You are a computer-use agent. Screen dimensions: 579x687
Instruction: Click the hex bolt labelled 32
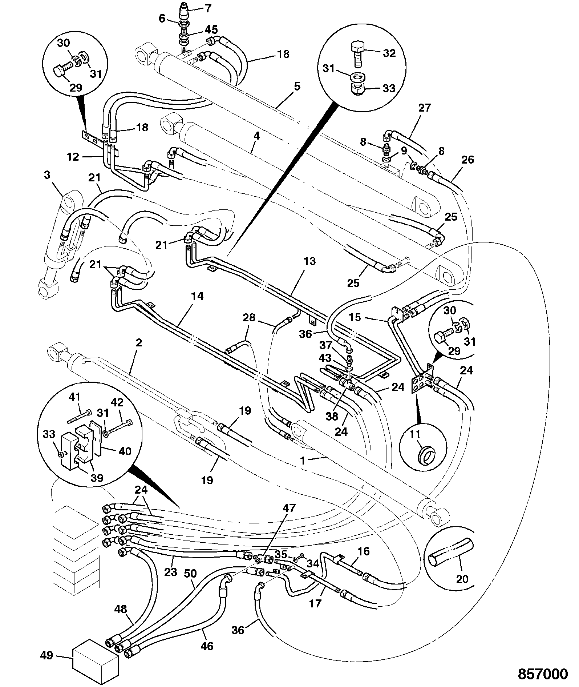[x=358, y=55]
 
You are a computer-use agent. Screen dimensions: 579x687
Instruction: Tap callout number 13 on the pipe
[x=309, y=262]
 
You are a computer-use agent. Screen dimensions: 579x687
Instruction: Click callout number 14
[x=198, y=297]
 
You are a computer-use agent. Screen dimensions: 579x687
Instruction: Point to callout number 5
[x=297, y=87]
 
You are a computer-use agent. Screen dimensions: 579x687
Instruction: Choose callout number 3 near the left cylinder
[x=47, y=175]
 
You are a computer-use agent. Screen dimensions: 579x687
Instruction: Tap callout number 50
[x=190, y=574]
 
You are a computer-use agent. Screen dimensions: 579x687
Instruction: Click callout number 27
[x=424, y=108]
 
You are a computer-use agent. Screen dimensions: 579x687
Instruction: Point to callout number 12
[x=73, y=157]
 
